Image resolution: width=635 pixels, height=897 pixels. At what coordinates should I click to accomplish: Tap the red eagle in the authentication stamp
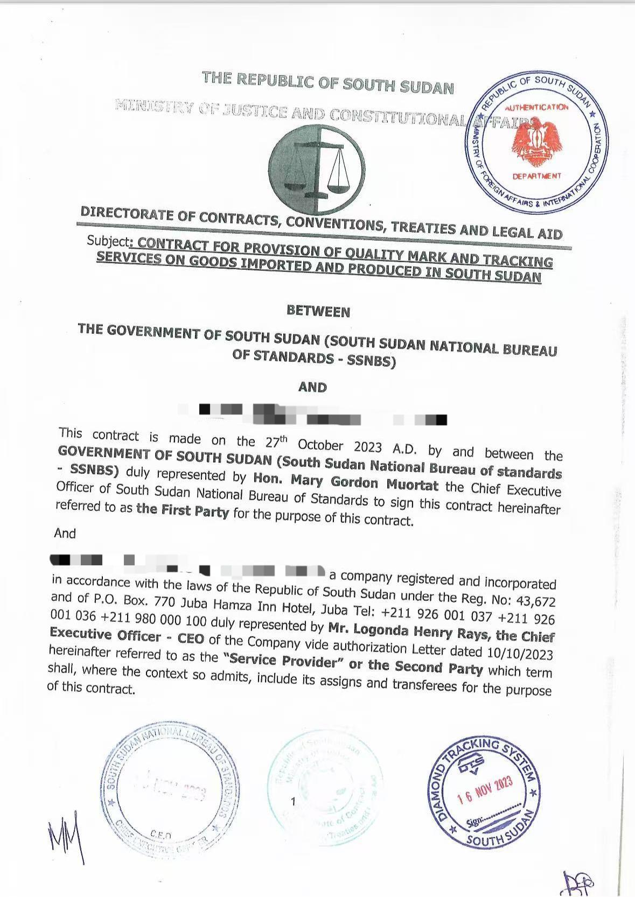click(x=536, y=141)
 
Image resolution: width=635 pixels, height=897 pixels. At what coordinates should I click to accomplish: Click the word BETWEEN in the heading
click(x=318, y=311)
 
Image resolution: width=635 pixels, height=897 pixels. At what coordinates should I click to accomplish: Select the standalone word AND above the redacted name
click(x=312, y=387)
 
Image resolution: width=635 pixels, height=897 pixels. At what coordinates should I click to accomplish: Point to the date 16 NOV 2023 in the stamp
click(x=485, y=790)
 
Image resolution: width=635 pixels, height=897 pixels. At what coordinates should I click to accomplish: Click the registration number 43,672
click(x=535, y=600)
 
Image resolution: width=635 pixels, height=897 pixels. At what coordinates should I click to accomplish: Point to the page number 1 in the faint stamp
click(x=293, y=801)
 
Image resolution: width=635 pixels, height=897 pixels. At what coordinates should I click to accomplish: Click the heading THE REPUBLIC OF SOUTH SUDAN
click(x=328, y=82)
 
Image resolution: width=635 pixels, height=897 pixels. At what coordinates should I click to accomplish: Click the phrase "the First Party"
click(x=183, y=510)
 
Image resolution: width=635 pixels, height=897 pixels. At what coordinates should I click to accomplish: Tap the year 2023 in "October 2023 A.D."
click(x=367, y=447)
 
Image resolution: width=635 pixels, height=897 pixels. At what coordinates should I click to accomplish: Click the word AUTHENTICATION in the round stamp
click(x=536, y=107)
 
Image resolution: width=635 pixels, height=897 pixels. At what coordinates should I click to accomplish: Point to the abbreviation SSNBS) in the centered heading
click(x=371, y=361)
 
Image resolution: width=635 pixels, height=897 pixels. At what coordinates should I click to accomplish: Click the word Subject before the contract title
click(x=108, y=241)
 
